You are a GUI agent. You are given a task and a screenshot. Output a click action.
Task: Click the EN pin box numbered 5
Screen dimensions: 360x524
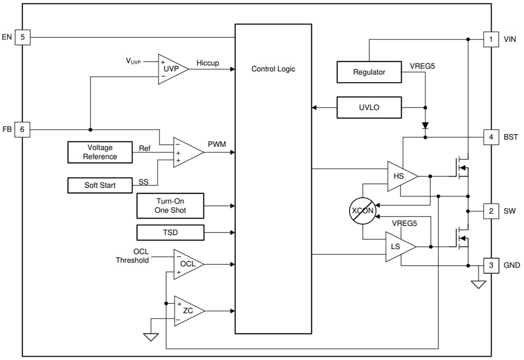tap(22, 37)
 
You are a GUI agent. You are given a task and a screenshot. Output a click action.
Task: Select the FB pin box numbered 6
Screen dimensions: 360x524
tap(22, 130)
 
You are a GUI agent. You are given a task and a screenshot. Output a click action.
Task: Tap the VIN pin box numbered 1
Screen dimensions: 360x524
tap(491, 39)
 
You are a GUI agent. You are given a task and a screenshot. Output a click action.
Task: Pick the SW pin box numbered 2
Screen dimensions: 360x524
tap(491, 211)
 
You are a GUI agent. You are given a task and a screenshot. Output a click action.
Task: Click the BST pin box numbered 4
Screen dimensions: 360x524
tap(491, 137)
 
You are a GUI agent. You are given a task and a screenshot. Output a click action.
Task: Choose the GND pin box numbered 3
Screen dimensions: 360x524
tap(491, 265)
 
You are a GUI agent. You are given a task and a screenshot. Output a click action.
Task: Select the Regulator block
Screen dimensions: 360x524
tap(369, 72)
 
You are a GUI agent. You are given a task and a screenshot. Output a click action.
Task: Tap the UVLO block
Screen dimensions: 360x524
tap(369, 108)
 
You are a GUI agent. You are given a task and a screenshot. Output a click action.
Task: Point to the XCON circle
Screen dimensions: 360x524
tap(363, 210)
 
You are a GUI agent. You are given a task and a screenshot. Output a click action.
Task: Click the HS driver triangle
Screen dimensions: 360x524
tap(400, 176)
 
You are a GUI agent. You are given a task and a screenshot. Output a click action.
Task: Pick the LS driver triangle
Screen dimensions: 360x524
tap(398, 247)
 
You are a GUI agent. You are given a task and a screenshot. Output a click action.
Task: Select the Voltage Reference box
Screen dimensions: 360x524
tap(100, 152)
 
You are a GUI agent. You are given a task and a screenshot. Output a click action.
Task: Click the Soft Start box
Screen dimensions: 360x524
tap(100, 185)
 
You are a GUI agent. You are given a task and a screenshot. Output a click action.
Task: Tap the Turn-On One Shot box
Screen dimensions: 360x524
tap(170, 206)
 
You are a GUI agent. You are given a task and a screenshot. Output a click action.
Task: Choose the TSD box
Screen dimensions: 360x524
tap(170, 233)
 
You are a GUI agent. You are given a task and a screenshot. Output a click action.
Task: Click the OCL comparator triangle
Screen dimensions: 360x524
tap(187, 264)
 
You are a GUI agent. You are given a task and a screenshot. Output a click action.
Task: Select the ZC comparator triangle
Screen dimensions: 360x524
tap(187, 311)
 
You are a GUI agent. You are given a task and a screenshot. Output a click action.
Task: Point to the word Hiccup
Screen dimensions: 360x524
tap(208, 63)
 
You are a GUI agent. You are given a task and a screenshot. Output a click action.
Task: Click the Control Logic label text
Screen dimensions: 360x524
tap(273, 69)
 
